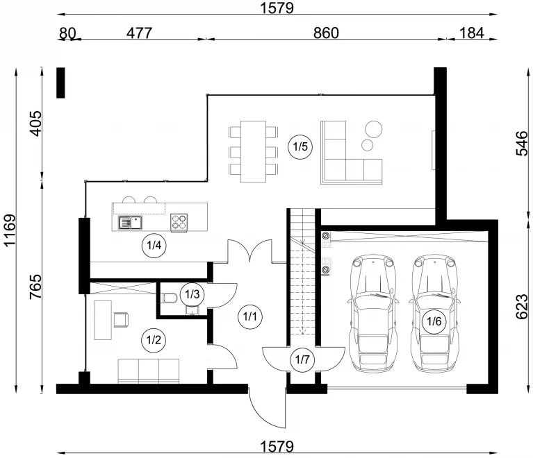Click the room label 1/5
point(300,146)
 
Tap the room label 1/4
point(154,245)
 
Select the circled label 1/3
point(192,294)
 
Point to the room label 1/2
point(154,339)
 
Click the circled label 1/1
point(250,316)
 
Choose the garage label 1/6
point(434,321)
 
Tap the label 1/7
point(302,359)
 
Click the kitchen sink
point(130,223)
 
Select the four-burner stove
point(179,222)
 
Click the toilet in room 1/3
point(170,298)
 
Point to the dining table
point(253,151)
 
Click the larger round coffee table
point(374,129)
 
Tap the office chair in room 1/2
point(121,320)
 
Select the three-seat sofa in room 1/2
point(149,371)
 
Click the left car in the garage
point(373,313)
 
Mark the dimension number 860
point(326,33)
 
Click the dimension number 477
point(139,33)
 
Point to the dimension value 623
point(522,307)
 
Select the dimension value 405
point(35,124)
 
